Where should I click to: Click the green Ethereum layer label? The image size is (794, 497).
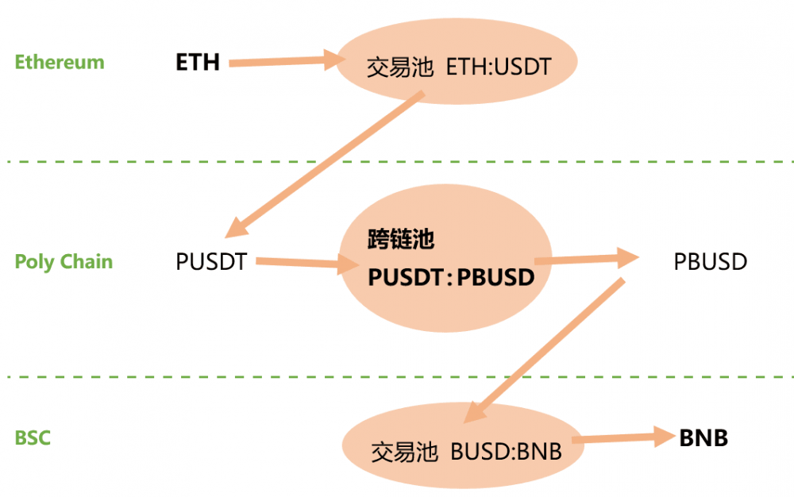tap(60, 62)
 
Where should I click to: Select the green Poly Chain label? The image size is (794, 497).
tap(64, 262)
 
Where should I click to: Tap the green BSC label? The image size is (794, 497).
tap(33, 437)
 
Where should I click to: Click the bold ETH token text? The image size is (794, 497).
tap(198, 62)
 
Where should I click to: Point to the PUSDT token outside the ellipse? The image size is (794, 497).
tap(211, 261)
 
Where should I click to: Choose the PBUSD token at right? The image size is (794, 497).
tap(711, 261)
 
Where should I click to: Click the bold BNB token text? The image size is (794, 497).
tap(703, 437)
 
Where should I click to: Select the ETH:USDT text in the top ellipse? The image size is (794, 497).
tap(499, 67)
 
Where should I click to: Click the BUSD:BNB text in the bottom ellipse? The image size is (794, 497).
tap(507, 453)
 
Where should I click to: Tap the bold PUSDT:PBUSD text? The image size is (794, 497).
tap(450, 277)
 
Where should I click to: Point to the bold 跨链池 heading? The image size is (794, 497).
tap(401, 240)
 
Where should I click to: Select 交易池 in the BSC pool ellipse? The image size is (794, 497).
tap(405, 453)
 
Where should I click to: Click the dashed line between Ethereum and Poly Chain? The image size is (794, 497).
tap(397, 162)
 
